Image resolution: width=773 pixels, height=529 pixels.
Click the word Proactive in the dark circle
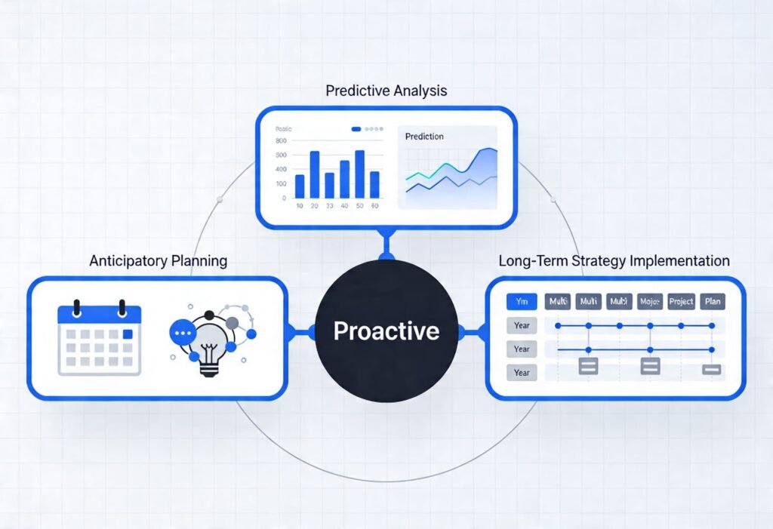point(386,331)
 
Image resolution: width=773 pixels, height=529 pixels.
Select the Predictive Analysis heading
point(386,91)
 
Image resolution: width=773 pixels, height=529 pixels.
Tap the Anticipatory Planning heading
point(158,261)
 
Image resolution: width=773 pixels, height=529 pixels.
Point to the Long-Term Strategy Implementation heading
point(614,261)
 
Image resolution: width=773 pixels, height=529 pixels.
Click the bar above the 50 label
point(359,174)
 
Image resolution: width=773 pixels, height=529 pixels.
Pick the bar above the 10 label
point(300,186)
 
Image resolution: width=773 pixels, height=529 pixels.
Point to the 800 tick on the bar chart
point(282,141)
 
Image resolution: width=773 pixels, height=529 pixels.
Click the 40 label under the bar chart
point(344,206)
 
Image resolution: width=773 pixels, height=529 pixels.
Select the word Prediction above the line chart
point(424,137)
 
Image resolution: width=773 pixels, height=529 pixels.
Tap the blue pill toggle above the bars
point(356,129)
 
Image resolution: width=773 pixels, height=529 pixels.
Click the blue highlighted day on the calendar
point(128,334)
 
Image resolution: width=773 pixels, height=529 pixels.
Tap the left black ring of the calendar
point(75,309)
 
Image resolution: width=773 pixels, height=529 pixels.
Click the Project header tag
point(681,302)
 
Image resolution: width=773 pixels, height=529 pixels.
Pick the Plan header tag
point(712,302)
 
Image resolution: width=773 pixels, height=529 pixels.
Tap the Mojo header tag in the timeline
point(650,302)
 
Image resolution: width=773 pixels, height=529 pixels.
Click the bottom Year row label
point(522,373)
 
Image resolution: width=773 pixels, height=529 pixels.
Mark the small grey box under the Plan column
point(712,370)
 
